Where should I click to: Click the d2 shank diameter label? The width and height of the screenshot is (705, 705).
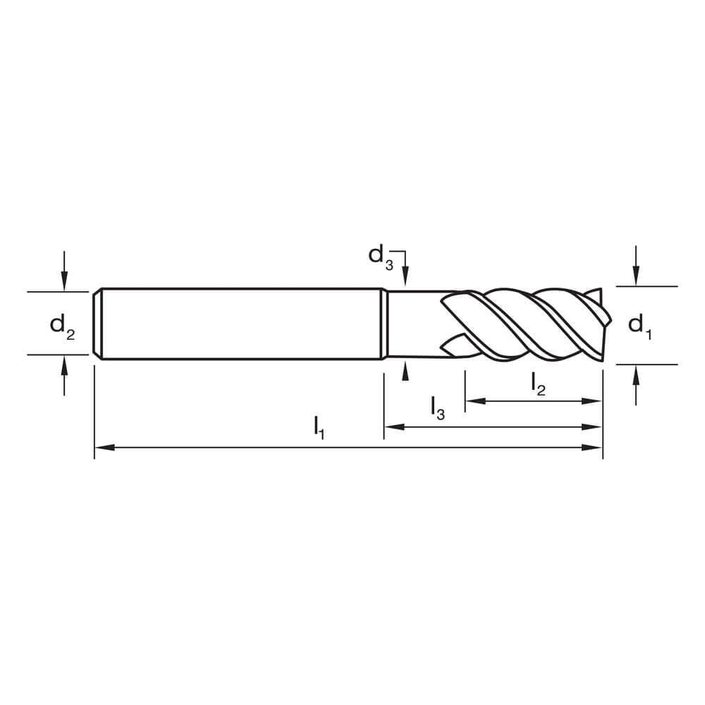[61, 326]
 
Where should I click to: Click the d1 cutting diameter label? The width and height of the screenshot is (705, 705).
[639, 326]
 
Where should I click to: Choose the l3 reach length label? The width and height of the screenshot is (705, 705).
[437, 408]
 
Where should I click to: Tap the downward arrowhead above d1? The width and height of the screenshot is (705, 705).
[637, 278]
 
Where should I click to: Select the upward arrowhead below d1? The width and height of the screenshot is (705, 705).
[637, 373]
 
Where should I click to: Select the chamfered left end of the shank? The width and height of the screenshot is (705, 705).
[98, 324]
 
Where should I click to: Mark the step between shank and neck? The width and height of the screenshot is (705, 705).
[385, 324]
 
